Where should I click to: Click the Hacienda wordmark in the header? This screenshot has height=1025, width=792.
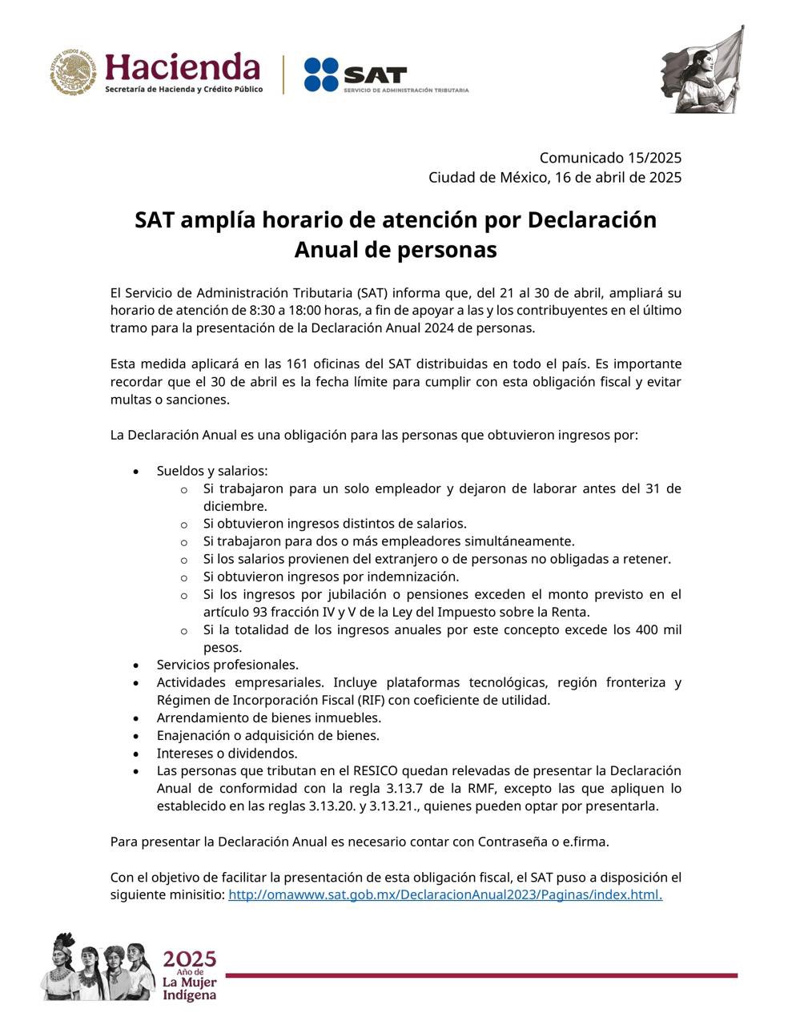point(183,67)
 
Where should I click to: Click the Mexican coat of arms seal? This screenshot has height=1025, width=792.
point(74,73)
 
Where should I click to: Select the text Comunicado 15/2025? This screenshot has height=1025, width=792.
point(610,158)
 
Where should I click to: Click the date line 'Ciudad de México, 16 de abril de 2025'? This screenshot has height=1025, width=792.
point(555,177)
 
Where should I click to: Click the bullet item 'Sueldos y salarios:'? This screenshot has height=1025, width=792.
point(212,471)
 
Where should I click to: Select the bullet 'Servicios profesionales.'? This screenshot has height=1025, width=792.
point(227,665)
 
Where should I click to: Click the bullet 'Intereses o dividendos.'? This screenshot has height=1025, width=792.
point(227,753)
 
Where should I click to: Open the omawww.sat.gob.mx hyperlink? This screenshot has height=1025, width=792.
point(445,894)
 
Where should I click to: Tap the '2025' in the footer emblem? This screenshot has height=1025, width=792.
point(190,959)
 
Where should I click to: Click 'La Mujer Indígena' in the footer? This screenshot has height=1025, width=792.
point(189,988)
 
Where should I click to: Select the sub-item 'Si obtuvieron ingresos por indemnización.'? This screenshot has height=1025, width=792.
point(331,577)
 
